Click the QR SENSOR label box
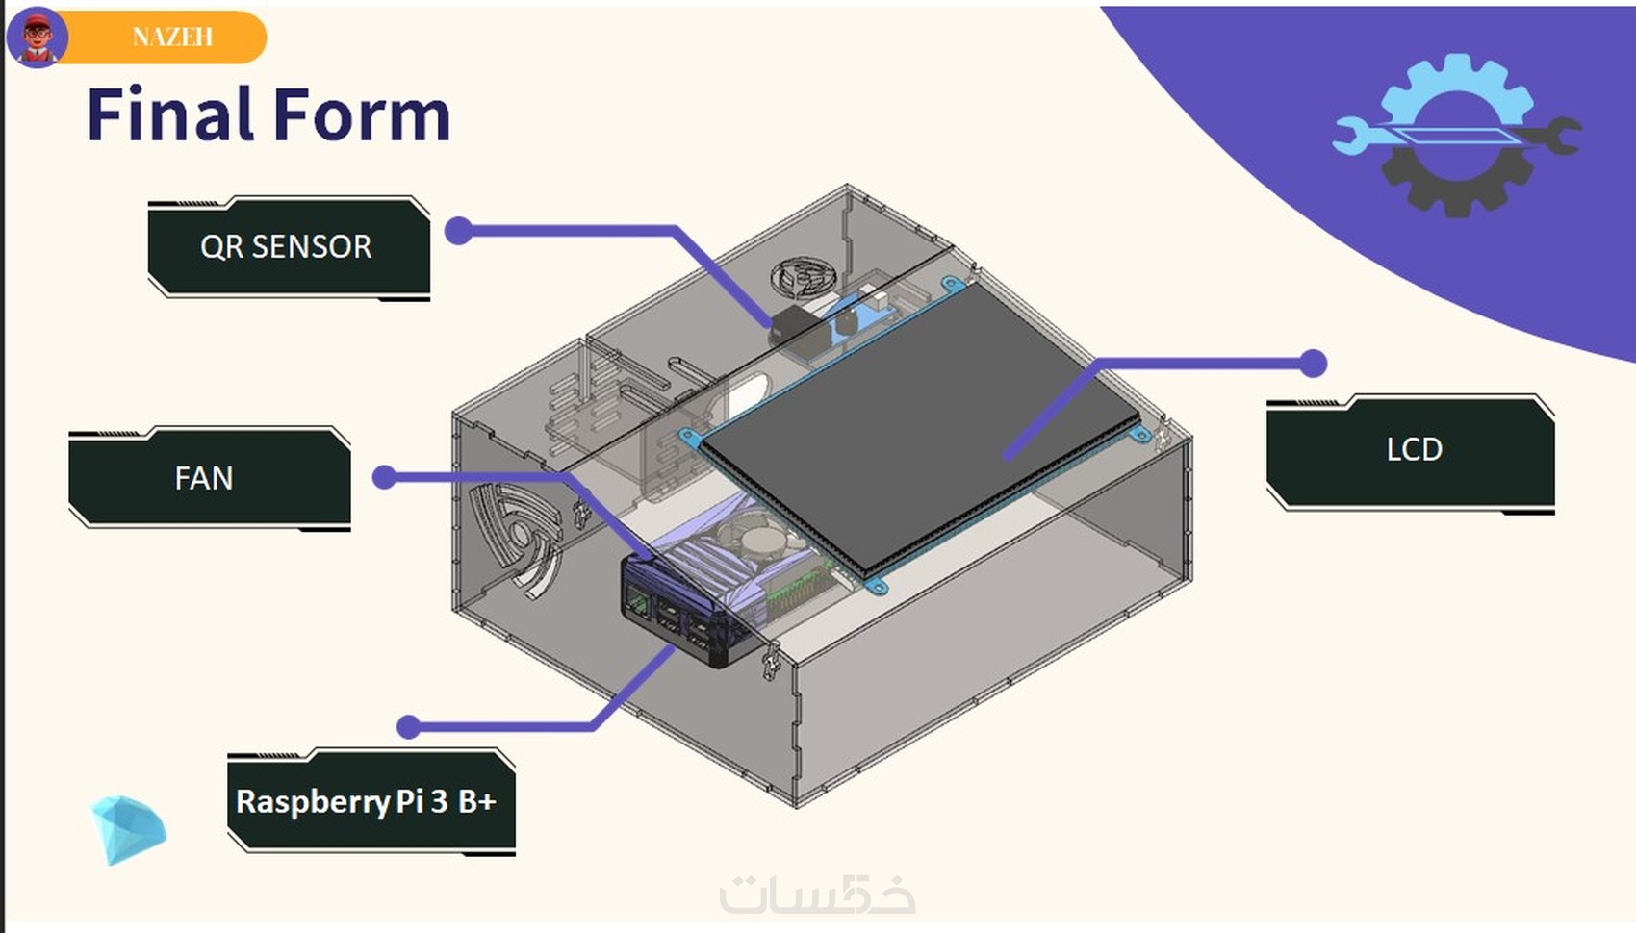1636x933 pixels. [x=287, y=247]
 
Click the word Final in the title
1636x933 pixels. [x=169, y=115]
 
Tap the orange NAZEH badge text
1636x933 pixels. [x=173, y=37]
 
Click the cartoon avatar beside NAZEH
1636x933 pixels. [x=38, y=37]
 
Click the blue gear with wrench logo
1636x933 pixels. [x=1455, y=135]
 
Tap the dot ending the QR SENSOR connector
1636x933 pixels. [x=459, y=231]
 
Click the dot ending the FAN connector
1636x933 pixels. [x=385, y=477]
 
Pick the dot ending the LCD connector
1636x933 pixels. [x=1313, y=364]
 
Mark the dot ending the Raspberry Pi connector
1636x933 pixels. [x=409, y=727]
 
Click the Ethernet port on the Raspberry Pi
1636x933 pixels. [x=637, y=603]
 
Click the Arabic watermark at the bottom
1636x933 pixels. [x=817, y=895]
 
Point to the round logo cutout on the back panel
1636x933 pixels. [x=805, y=278]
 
